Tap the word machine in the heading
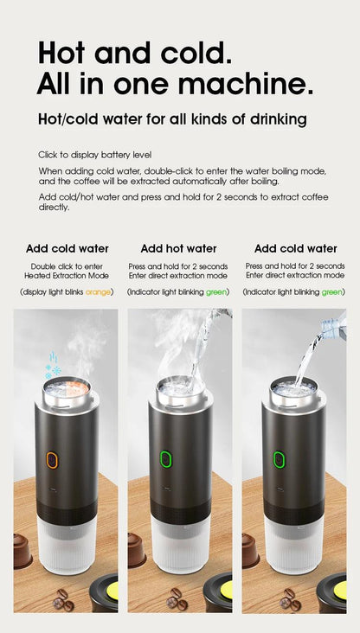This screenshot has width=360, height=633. click(246, 84)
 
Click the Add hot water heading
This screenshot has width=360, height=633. click(178, 248)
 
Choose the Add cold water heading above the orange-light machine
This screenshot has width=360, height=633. click(67, 248)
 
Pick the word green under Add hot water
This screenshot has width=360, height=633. click(216, 292)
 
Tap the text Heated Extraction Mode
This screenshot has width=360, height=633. click(67, 275)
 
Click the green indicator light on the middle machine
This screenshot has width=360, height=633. click(167, 457)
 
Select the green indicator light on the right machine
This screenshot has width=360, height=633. click(280, 458)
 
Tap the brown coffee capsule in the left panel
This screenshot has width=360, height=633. click(23, 550)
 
